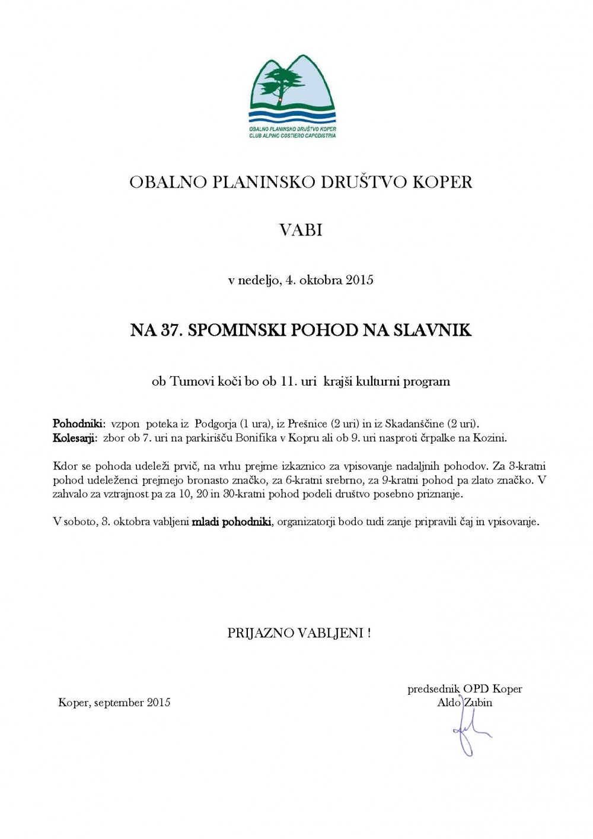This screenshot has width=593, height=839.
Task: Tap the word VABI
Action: point(301,230)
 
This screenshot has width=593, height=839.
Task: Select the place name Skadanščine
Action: point(415,424)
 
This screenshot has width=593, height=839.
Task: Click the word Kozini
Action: point(492,438)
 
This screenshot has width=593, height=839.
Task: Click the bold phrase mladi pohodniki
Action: point(231,523)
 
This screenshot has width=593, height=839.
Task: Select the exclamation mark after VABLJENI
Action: point(369,633)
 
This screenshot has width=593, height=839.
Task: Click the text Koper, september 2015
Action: point(114,703)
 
